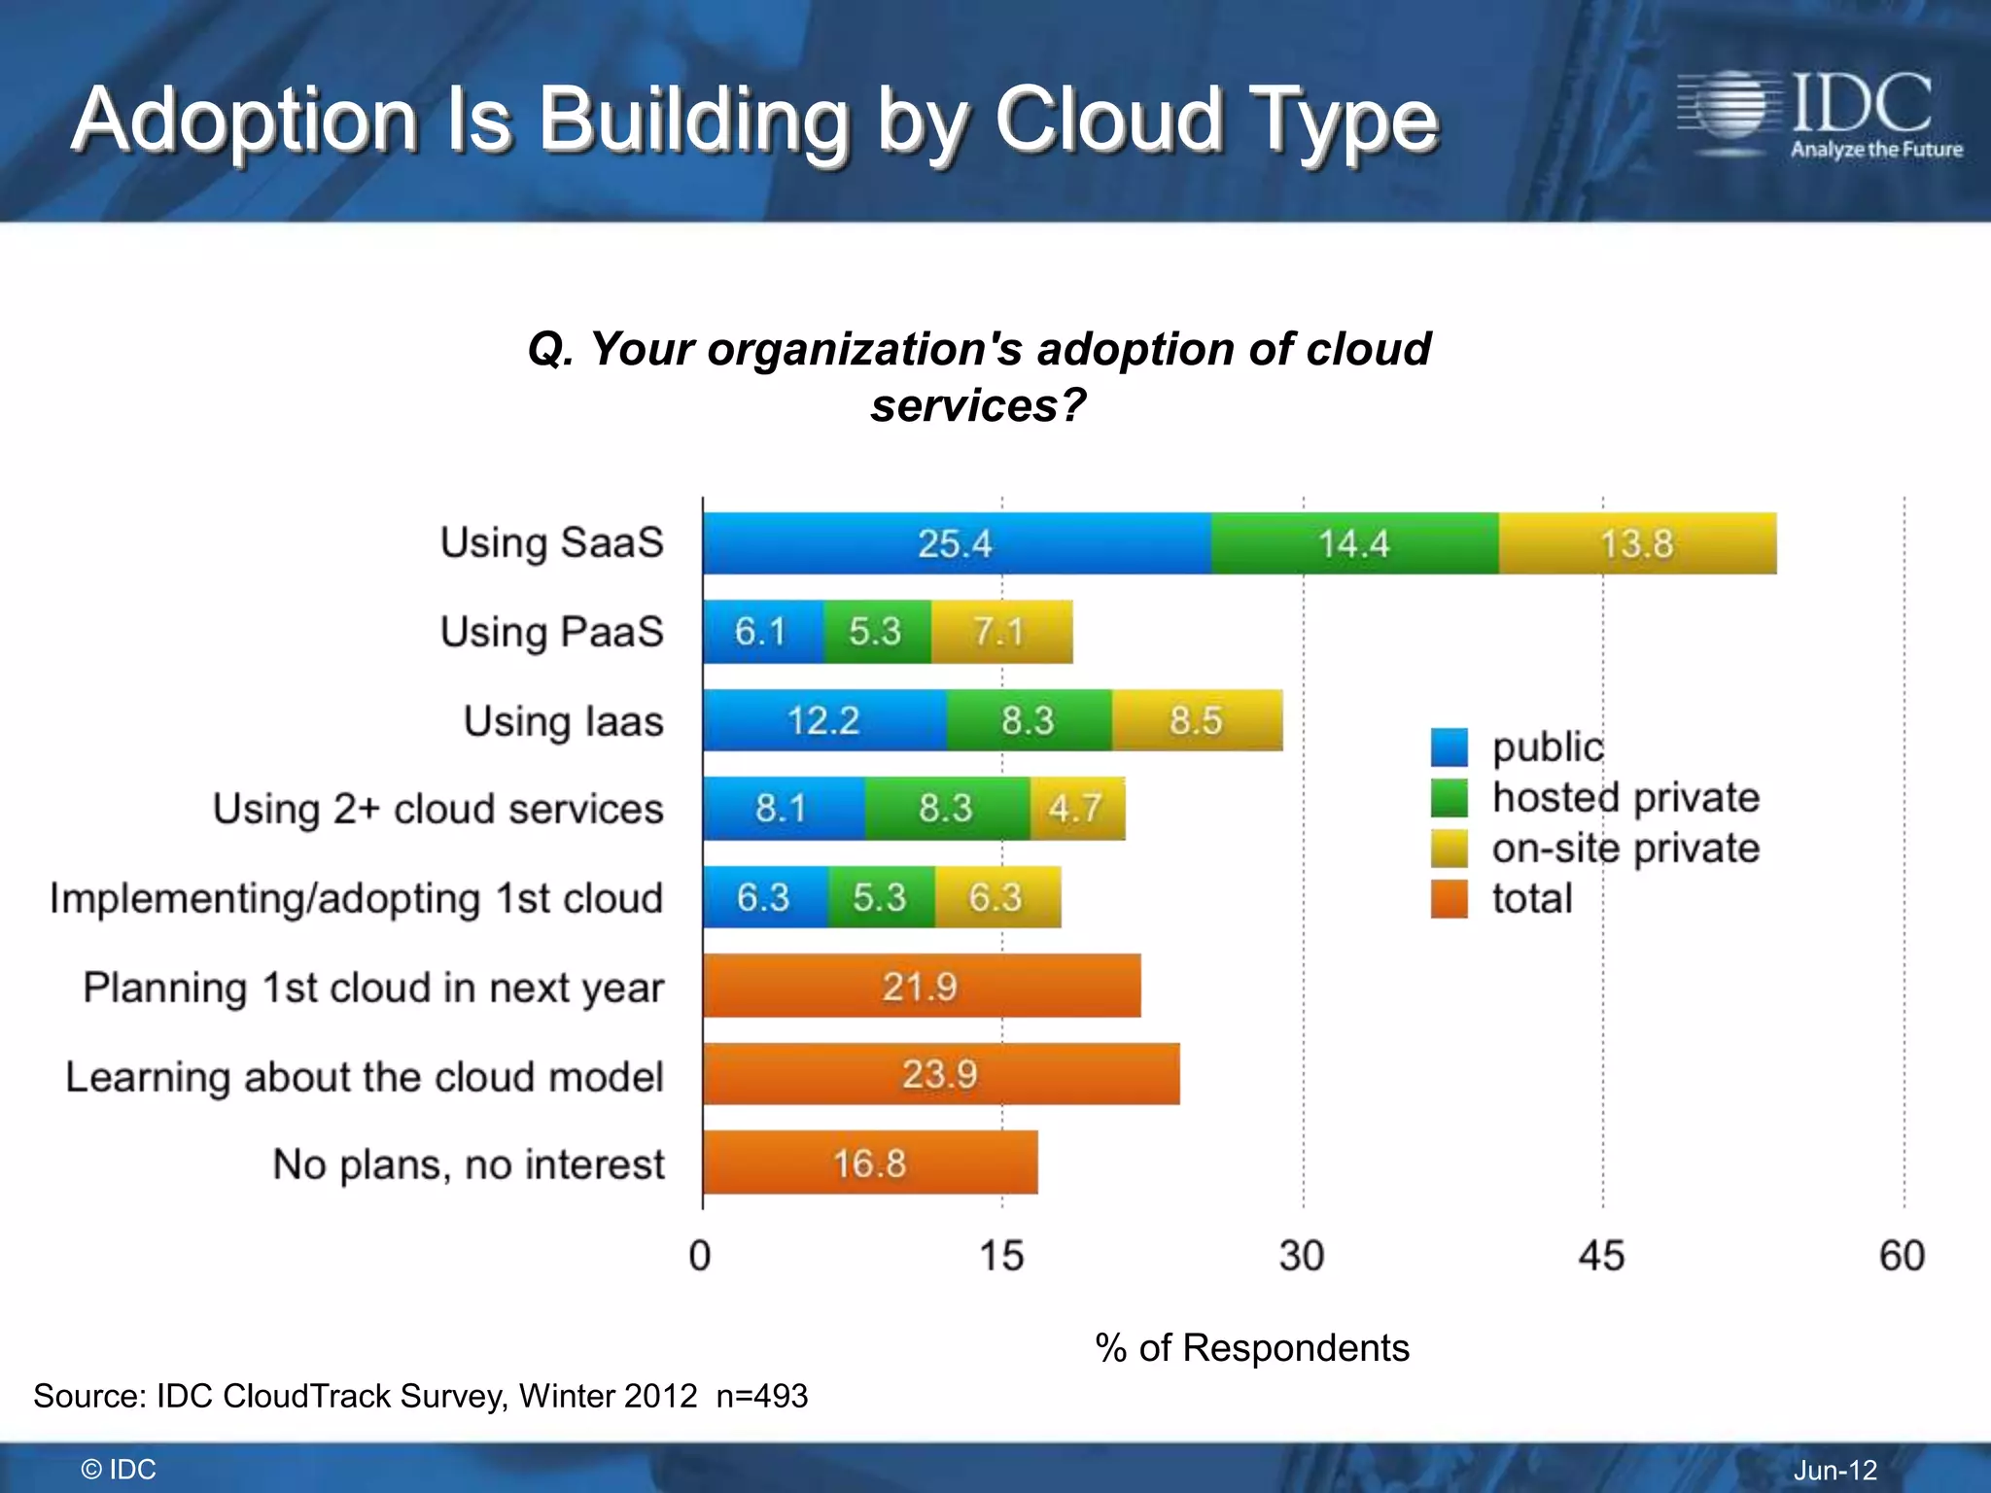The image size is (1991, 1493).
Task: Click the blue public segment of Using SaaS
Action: (x=957, y=543)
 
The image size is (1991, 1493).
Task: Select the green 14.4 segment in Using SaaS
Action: (x=1354, y=543)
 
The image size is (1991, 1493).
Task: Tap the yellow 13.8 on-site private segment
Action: (x=1637, y=543)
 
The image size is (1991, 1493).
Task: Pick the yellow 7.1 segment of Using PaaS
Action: (x=1001, y=632)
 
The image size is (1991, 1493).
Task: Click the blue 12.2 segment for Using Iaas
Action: (x=824, y=720)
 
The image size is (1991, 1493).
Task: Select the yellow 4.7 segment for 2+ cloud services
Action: (x=1077, y=808)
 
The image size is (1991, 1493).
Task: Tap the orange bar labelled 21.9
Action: (x=921, y=987)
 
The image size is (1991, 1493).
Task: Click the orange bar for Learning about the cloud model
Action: (x=940, y=1074)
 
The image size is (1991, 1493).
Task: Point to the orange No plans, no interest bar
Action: (x=870, y=1163)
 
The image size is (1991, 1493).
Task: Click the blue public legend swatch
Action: (x=1449, y=747)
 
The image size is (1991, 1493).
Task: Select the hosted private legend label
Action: (x=1625, y=798)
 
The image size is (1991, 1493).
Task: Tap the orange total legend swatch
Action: (x=1449, y=899)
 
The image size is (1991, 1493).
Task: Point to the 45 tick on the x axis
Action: (x=1601, y=1256)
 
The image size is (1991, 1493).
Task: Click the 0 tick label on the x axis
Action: (x=700, y=1256)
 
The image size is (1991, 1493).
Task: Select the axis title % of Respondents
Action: (x=1252, y=1348)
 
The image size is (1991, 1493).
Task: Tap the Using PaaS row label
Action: (x=551, y=632)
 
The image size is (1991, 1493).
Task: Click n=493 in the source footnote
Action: (x=762, y=1396)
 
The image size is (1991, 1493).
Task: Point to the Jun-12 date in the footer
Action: (x=1835, y=1470)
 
